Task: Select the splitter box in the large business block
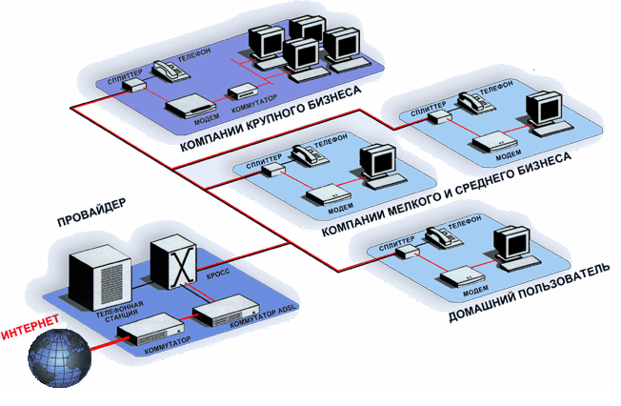pyautogui.click(x=137, y=85)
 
